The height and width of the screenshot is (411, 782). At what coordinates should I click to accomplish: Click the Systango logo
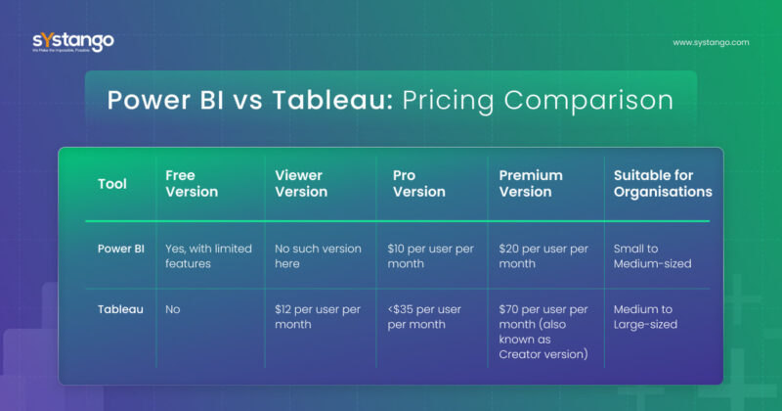72,42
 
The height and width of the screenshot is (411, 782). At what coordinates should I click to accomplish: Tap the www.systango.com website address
711,43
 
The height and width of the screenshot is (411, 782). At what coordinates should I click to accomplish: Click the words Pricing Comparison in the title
534,101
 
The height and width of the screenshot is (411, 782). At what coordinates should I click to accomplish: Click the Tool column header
111,184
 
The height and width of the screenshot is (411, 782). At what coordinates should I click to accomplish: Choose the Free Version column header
193,184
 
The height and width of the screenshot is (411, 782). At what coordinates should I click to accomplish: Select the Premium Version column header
531,184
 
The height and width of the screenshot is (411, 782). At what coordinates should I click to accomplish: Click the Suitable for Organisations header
662,184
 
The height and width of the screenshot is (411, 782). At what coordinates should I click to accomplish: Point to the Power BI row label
120,249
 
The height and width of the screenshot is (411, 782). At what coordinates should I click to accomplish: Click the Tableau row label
120,309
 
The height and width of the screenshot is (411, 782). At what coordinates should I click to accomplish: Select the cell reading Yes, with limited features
209,256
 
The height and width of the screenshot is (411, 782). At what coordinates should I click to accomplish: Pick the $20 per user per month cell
543,256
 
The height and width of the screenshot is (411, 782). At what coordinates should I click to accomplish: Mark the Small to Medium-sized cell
652,256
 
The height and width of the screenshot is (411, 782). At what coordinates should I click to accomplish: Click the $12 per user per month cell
318,316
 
